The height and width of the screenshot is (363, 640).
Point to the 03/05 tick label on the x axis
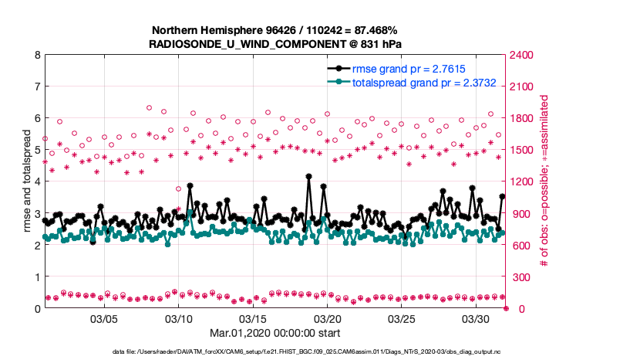104,318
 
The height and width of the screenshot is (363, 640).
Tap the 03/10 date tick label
179,318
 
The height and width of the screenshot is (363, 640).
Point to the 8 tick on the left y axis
36,55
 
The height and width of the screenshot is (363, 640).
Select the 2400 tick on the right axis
522,55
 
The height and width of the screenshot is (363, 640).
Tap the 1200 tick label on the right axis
522,181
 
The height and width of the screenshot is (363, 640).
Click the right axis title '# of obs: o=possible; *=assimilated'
544,181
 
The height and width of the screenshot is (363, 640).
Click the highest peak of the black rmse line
308,176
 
